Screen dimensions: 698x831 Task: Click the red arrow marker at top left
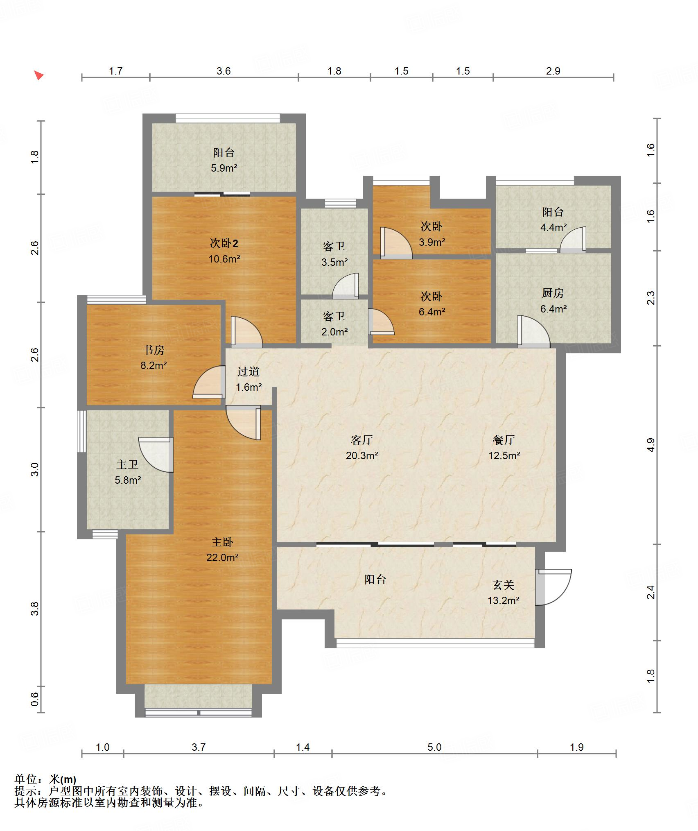38,75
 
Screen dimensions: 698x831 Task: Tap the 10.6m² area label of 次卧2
224,259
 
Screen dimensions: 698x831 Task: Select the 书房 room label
154,350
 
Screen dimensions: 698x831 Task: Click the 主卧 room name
222,542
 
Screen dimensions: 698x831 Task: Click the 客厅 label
362,440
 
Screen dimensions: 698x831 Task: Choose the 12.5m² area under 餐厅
504,455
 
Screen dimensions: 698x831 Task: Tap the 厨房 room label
553,293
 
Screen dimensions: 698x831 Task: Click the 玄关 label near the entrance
504,585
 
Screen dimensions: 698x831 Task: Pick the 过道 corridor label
248,371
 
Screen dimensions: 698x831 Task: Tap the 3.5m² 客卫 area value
334,262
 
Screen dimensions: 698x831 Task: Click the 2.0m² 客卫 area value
334,332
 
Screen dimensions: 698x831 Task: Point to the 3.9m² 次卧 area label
432,242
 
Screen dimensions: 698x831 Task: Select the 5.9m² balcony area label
224,168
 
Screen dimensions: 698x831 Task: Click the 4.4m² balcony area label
553,227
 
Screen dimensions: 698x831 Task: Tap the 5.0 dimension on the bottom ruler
434,747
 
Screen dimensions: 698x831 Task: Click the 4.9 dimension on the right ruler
651,445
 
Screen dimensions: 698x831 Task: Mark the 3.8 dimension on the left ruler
35,608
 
